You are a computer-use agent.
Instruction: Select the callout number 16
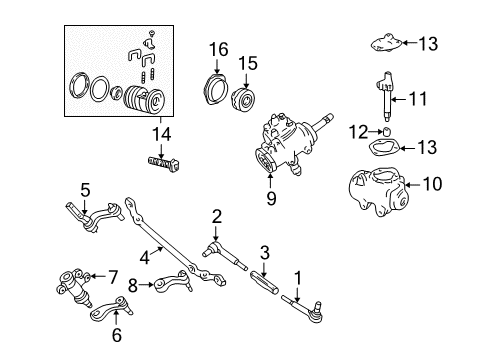pyautogui.click(x=218, y=48)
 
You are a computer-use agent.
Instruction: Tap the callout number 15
pyautogui.click(x=247, y=63)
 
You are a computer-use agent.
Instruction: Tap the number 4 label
pyautogui.click(x=145, y=256)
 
